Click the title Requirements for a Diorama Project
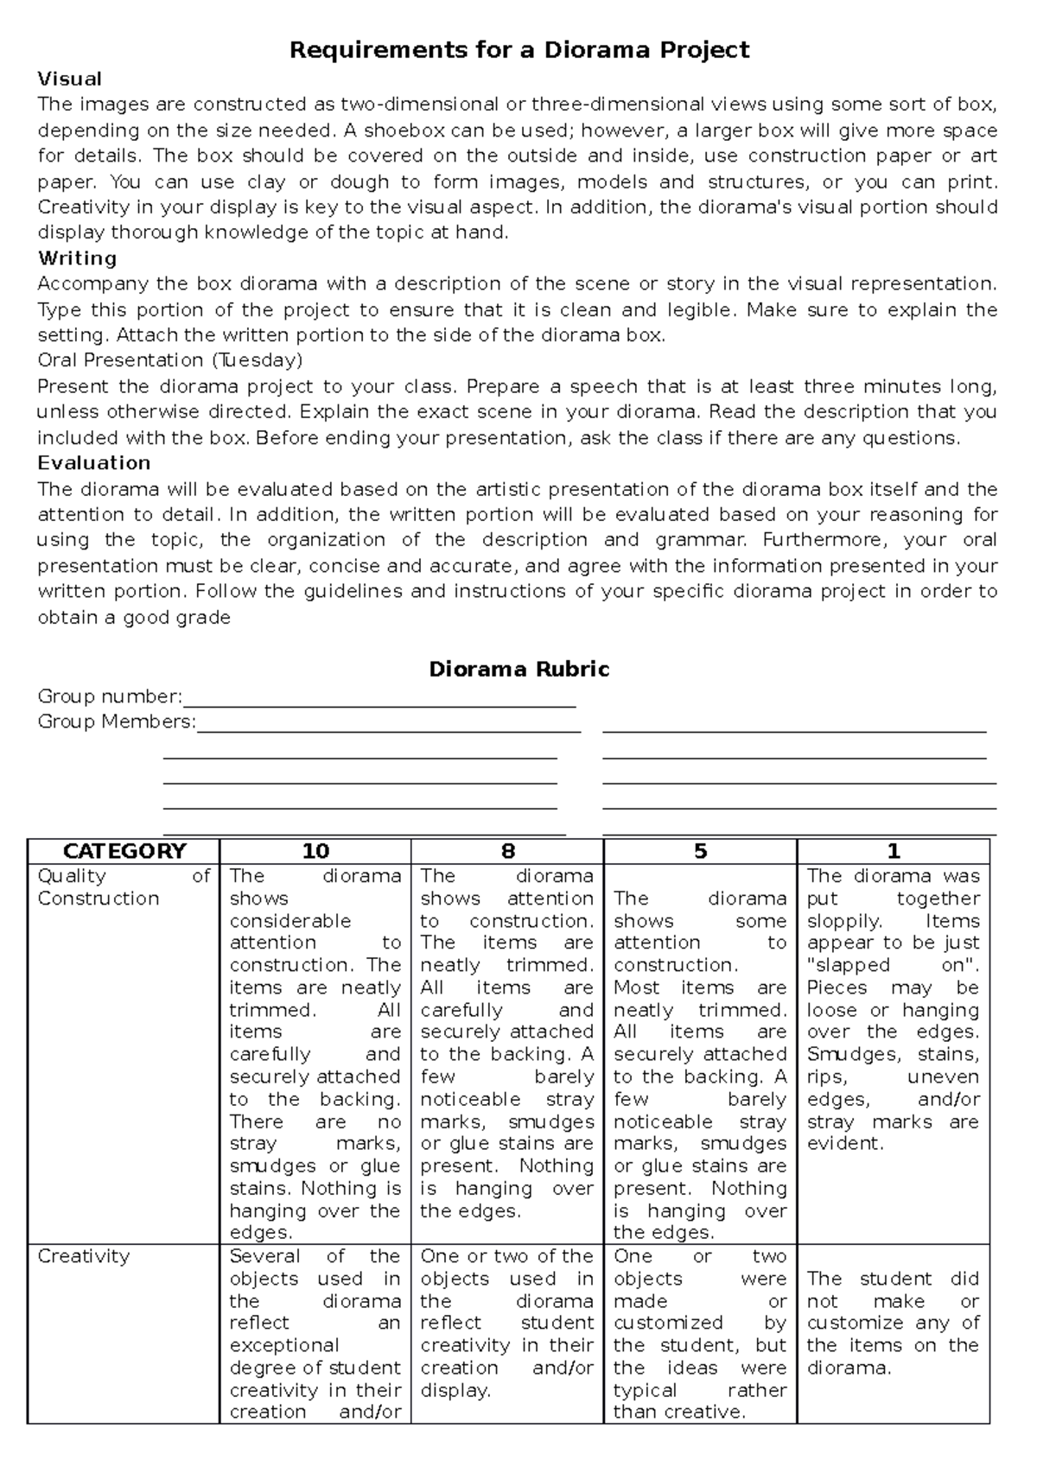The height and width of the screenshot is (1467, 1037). (518, 50)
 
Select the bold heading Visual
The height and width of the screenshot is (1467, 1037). (70, 79)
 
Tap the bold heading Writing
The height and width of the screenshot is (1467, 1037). (77, 258)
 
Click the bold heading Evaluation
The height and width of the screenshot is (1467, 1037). (94, 463)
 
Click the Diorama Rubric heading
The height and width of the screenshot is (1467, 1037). (519, 670)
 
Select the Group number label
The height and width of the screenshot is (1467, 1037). (110, 696)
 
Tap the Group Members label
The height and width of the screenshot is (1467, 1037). (117, 721)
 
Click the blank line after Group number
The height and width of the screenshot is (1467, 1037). (380, 702)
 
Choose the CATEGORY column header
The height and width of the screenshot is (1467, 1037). (124, 852)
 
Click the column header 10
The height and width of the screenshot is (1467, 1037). (315, 852)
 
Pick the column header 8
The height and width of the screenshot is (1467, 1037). (507, 852)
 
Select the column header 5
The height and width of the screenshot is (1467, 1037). (700, 852)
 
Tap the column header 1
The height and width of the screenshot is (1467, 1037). (894, 852)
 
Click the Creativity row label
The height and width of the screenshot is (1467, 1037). (84, 1256)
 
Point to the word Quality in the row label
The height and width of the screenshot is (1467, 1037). (72, 876)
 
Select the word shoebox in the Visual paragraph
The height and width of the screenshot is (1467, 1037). (400, 131)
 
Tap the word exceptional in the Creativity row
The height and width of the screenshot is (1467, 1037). (284, 1345)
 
